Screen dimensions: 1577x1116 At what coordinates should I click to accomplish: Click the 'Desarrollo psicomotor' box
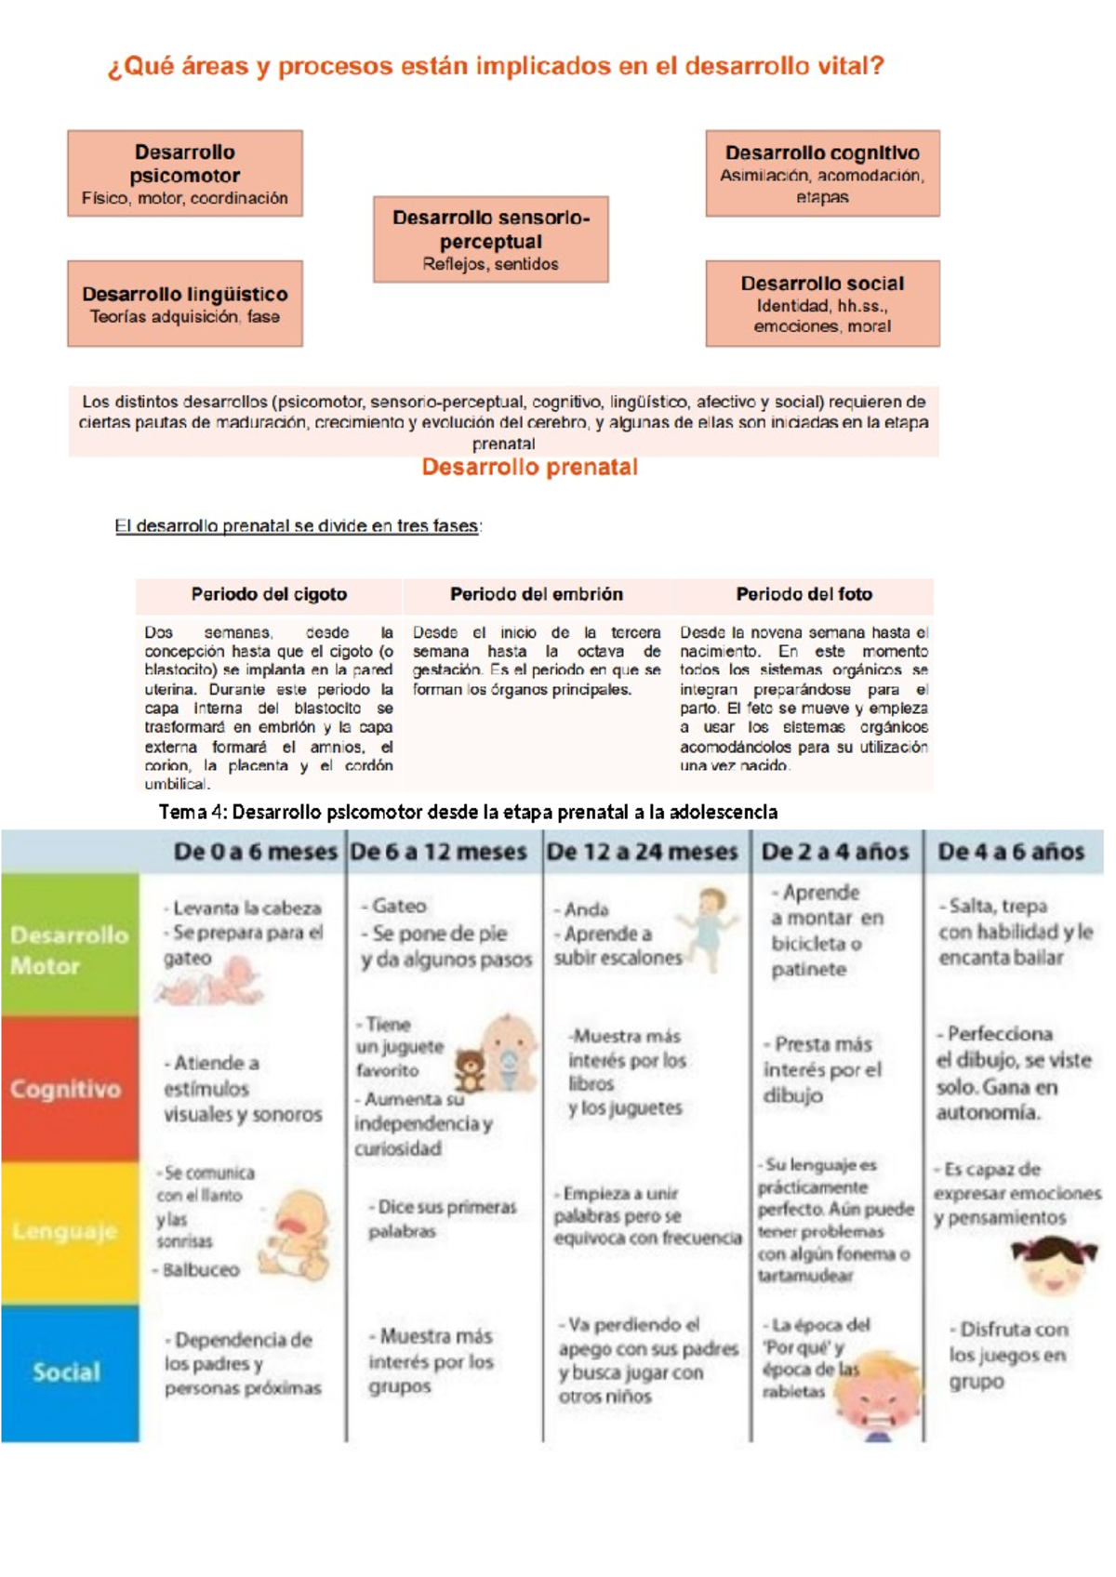click(x=185, y=174)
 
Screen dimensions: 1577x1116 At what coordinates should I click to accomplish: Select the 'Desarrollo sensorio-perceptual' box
click(x=491, y=240)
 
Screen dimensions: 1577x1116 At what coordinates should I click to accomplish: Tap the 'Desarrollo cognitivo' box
click(x=822, y=174)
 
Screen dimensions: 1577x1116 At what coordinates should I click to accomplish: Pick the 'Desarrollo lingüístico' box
click(x=185, y=304)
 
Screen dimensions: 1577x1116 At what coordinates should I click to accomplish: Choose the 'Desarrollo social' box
click(x=822, y=304)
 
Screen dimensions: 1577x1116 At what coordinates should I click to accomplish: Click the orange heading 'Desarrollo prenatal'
click(x=530, y=468)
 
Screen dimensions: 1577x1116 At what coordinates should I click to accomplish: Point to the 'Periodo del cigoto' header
click(x=269, y=594)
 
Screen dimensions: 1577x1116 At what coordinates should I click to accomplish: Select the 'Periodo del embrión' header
click(x=537, y=594)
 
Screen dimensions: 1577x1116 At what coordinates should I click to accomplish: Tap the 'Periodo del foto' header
click(x=804, y=594)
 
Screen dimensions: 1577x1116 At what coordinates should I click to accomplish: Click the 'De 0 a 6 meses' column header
click(x=255, y=852)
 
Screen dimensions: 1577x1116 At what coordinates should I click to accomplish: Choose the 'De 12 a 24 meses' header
click(x=642, y=852)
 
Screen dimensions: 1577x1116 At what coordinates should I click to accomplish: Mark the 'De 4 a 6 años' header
click(x=1011, y=852)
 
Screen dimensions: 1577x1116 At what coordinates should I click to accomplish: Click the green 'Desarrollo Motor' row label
click(x=70, y=949)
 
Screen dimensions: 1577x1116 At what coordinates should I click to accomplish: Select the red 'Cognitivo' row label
click(x=66, y=1089)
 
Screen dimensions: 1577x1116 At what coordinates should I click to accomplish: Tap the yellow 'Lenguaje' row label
click(x=65, y=1231)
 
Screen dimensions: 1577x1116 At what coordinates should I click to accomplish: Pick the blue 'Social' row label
click(x=66, y=1372)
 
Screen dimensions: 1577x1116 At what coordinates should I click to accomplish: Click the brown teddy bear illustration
click(x=471, y=1071)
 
